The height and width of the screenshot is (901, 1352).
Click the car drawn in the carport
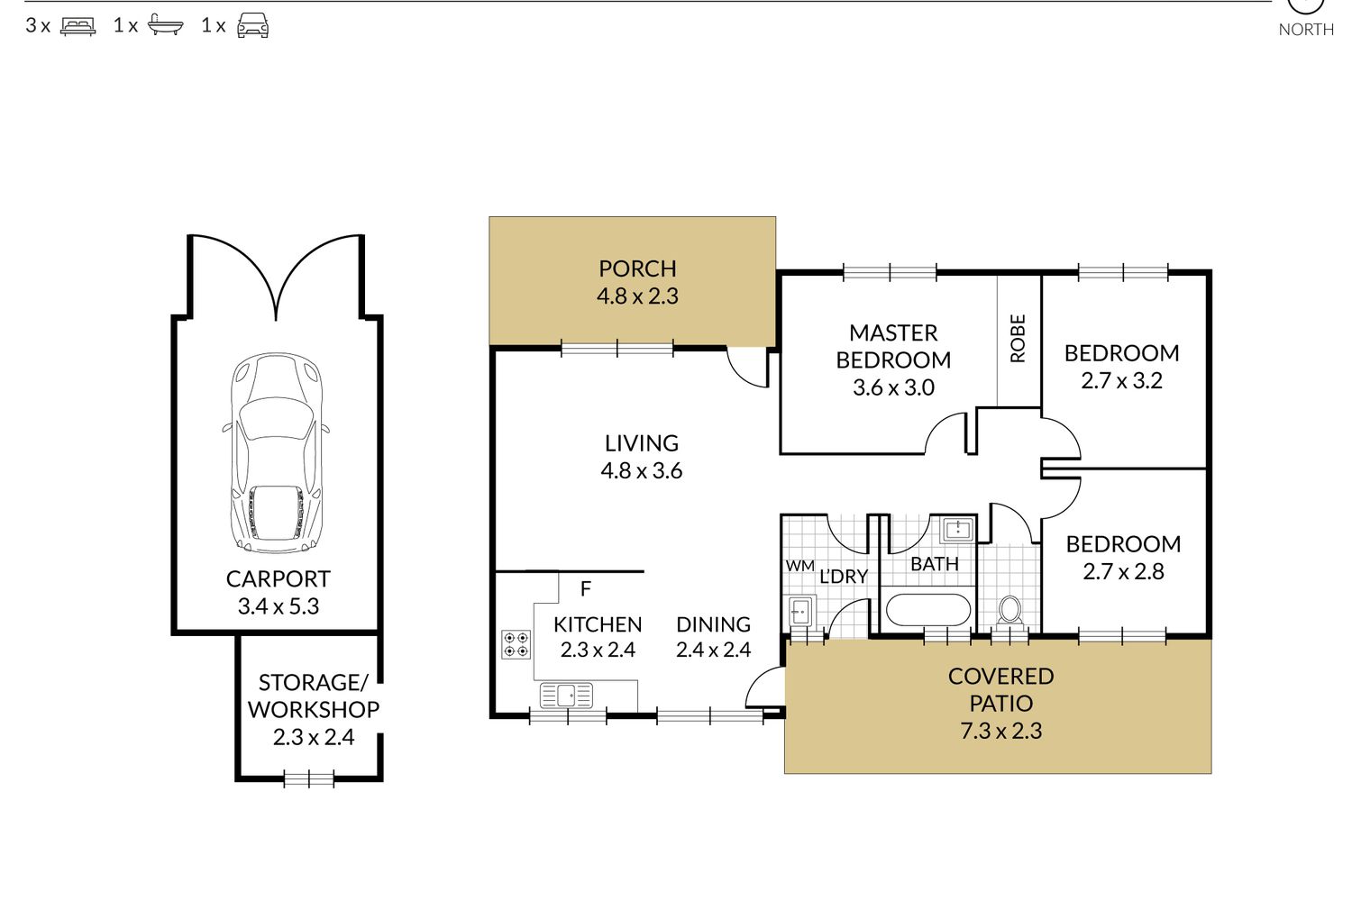(x=277, y=453)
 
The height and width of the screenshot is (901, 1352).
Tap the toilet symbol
(x=1009, y=610)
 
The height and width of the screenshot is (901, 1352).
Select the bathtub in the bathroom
(x=927, y=610)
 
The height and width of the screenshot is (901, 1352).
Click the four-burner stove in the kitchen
(x=516, y=644)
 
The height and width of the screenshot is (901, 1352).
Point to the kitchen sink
(x=566, y=696)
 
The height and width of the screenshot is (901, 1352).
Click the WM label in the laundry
(x=799, y=566)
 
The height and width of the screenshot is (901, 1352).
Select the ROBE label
(x=1018, y=338)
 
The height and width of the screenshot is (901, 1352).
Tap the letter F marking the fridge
(x=585, y=588)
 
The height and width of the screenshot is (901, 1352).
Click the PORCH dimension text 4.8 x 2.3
(x=637, y=296)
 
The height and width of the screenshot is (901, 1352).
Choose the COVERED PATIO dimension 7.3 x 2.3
(x=1000, y=731)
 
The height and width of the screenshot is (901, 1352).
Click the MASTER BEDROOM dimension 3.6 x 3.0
(x=893, y=387)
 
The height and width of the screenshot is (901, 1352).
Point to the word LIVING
(x=642, y=443)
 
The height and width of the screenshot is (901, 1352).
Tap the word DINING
(x=714, y=624)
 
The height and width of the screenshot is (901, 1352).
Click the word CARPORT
(x=278, y=578)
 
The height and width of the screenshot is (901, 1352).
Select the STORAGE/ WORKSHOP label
(x=314, y=696)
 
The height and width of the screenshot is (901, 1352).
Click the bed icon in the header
(x=78, y=26)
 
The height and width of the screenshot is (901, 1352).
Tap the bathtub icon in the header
(x=165, y=24)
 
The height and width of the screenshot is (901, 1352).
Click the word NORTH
(x=1305, y=30)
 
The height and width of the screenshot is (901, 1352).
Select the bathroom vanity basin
(x=958, y=531)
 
